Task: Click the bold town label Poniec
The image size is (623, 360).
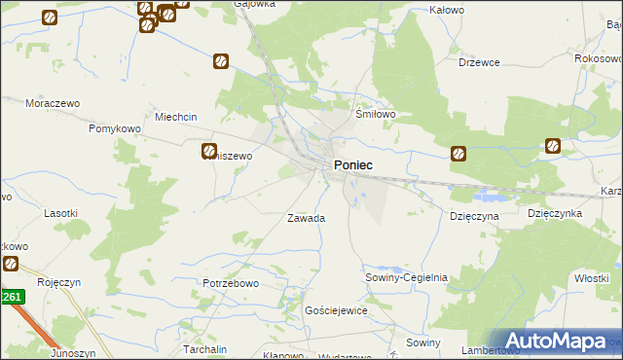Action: pos(352,165)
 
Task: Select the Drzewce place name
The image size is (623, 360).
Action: pos(479,62)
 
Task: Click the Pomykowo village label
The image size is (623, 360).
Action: pos(116,128)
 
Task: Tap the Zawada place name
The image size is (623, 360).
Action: pos(306,218)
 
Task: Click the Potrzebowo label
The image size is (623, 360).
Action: pos(231,283)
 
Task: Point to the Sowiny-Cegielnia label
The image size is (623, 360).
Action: pos(406,277)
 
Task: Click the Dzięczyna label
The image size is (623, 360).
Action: pos(474,214)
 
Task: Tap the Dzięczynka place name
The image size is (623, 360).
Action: pos(554,212)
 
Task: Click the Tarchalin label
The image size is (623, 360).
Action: pos(205,347)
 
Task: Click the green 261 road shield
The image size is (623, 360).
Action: pos(11,297)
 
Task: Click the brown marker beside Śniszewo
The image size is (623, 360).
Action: pos(209,151)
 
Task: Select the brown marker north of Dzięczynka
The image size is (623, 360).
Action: pos(553,147)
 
